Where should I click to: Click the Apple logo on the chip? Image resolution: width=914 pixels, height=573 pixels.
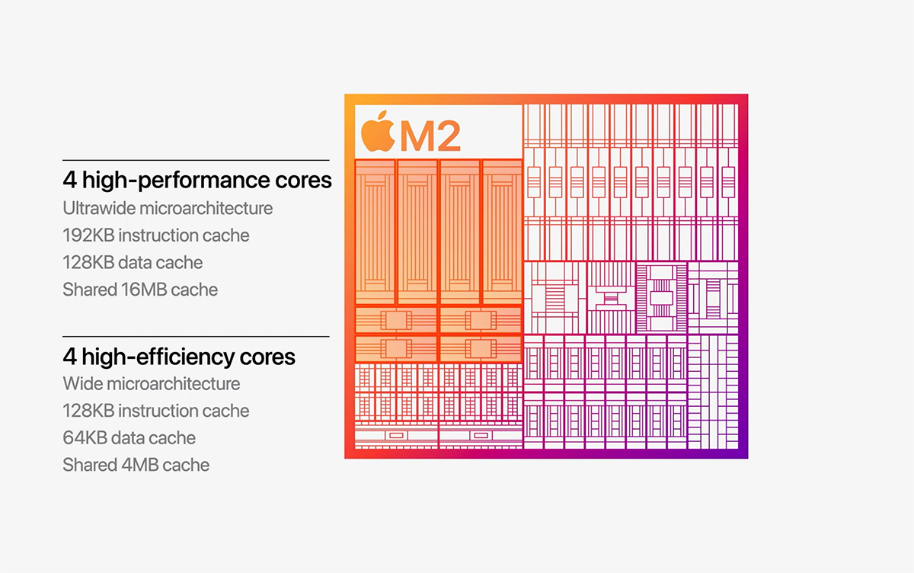coord(378,131)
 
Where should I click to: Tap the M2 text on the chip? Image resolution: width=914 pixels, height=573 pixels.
coord(430,136)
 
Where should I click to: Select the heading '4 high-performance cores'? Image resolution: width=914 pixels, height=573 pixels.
coord(197,181)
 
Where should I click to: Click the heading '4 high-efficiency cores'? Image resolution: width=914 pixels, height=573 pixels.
coord(179,357)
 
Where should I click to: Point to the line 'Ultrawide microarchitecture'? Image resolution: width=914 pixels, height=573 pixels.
coord(168,208)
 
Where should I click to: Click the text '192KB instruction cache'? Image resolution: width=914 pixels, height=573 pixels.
coord(156,235)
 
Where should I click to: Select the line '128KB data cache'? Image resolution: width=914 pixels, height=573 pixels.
coord(133,263)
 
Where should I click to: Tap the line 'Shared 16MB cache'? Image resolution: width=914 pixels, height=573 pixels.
coord(140,290)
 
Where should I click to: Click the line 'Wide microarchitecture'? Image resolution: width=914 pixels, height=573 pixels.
coord(152,384)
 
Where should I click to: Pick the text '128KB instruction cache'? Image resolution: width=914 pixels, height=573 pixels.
coord(156,411)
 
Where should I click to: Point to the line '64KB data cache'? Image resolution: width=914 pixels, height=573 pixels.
coord(129,438)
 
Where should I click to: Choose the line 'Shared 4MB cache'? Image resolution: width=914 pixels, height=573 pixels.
coord(136,465)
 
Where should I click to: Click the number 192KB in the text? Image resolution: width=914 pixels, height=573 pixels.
coord(88,235)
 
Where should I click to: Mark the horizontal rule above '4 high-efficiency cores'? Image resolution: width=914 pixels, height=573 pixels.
coord(196,336)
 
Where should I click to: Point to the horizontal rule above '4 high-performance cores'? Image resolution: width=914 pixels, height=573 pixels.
coord(196,160)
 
